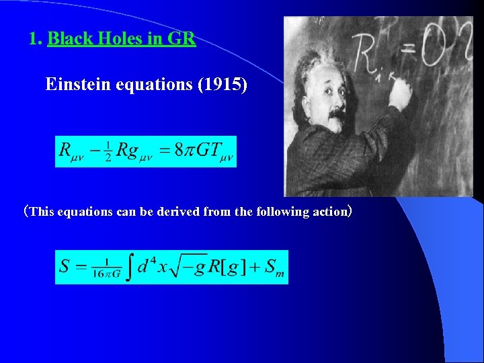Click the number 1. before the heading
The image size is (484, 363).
[x=36, y=39]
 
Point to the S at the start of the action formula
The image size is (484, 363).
[x=65, y=266]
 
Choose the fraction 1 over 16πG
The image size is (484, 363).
[x=97, y=267]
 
